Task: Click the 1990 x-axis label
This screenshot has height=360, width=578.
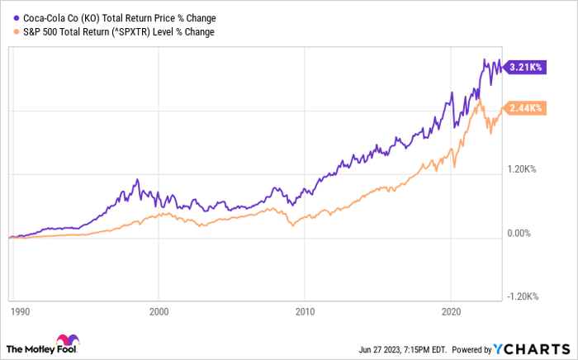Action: (x=16, y=313)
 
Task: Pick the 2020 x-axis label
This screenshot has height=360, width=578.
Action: (x=449, y=313)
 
